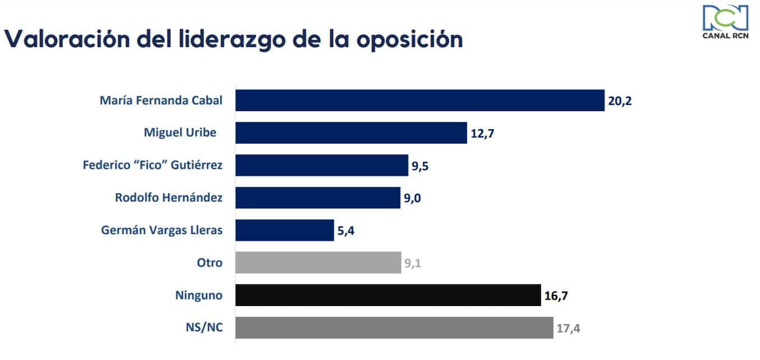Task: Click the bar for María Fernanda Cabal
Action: (x=419, y=101)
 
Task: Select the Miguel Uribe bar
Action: (x=351, y=133)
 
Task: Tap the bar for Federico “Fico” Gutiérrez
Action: (x=321, y=166)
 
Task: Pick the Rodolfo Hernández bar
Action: (x=318, y=198)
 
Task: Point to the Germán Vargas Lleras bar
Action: (x=285, y=230)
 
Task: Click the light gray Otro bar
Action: (x=318, y=263)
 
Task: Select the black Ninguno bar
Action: (x=388, y=295)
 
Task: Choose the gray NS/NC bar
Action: (x=394, y=328)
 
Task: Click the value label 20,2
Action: (x=620, y=102)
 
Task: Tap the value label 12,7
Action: (x=482, y=134)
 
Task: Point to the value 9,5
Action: (x=420, y=166)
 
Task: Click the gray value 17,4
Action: (x=568, y=329)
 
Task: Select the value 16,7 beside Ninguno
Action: (x=556, y=296)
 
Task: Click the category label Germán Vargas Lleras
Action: (x=162, y=230)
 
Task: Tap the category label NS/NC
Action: (x=204, y=328)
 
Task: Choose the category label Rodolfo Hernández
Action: (x=168, y=198)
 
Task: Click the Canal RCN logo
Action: (x=725, y=22)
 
